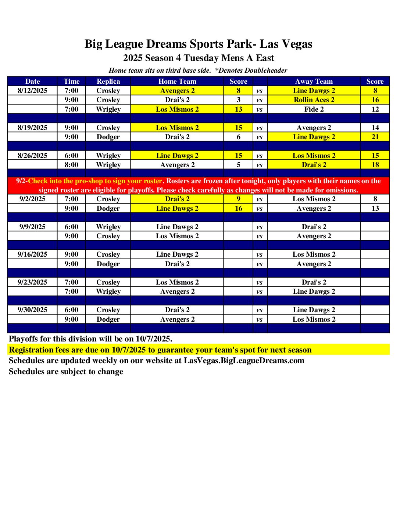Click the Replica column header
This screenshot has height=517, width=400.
pos(108,82)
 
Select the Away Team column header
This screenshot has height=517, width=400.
pos(314,82)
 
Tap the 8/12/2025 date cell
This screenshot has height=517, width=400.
pos(32,91)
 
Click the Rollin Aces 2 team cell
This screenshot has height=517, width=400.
pos(314,100)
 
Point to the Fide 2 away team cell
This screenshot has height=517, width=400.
pos(314,109)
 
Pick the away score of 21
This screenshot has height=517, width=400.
pos(375,137)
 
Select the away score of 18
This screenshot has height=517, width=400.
pos(375,165)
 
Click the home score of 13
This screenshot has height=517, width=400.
pos(238,109)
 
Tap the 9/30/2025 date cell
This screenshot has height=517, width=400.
pos(32,310)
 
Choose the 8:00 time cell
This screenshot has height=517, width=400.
pos(71,165)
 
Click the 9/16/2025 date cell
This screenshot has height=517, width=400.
pos(32,254)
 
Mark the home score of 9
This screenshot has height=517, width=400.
pos(238,199)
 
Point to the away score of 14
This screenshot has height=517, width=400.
pos(375,128)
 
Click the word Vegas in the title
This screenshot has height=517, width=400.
pos(296,44)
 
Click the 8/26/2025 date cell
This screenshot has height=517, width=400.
pos(32,156)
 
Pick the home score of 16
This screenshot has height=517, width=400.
pos(238,209)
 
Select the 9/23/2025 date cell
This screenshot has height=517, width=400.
pos(32,282)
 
